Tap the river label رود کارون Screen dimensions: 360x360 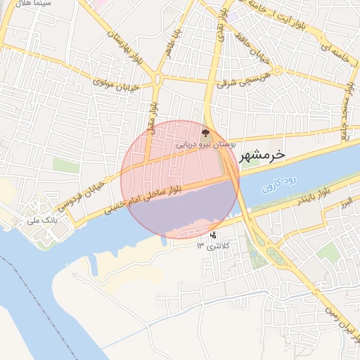pyautogui.click(x=280, y=185)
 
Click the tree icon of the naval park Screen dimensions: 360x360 pyautogui.click(x=205, y=132)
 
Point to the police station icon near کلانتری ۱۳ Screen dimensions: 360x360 pyautogui.click(x=213, y=235)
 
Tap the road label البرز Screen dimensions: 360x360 pyautogui.click(x=345, y=204)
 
